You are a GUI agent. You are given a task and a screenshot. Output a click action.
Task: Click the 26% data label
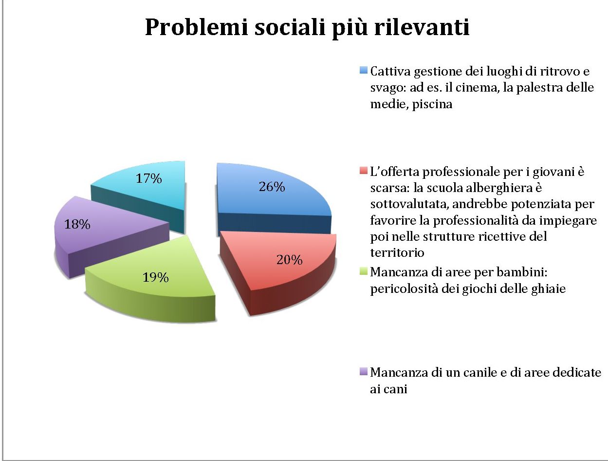272,187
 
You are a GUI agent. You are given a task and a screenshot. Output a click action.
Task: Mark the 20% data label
289,260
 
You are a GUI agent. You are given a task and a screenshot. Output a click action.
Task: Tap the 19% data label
156,278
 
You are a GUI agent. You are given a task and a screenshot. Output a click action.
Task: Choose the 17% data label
148,179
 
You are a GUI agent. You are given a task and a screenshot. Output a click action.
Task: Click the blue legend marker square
364,71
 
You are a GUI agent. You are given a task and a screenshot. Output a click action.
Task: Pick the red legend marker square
364,172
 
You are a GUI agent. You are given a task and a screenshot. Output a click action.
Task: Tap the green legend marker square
364,271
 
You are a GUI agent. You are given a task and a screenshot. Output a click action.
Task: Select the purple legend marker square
364,372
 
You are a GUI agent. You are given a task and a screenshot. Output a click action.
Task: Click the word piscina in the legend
432,105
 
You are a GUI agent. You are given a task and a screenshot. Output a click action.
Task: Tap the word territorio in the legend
397,252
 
